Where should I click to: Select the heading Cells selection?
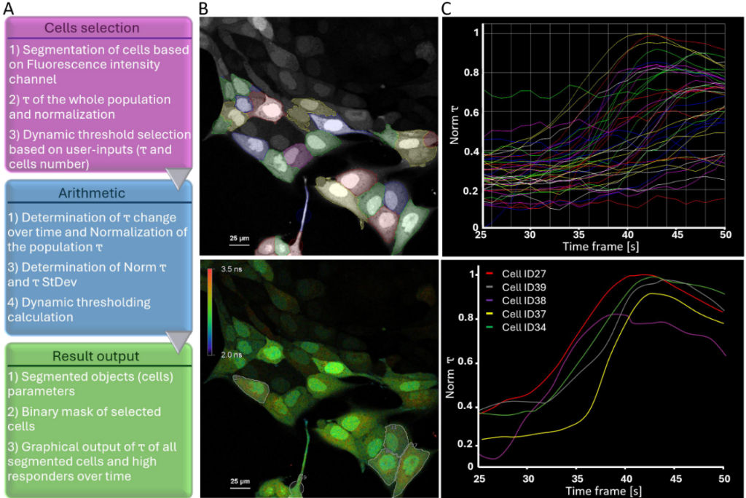point(92,28)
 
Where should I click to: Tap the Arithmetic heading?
point(92,194)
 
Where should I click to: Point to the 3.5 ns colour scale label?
point(231,269)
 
